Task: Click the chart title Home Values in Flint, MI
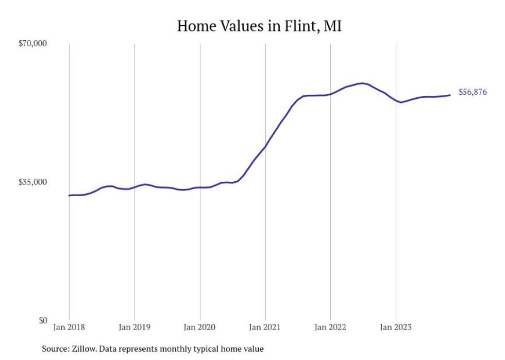(x=259, y=26)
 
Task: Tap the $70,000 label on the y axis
(x=32, y=44)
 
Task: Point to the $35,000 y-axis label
(x=32, y=182)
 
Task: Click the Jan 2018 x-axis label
(x=69, y=327)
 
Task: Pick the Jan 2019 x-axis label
(x=134, y=327)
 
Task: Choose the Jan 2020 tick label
(x=200, y=327)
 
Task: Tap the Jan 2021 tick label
(x=265, y=327)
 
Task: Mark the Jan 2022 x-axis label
(x=330, y=327)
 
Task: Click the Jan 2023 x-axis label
(x=395, y=327)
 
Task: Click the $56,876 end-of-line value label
(x=473, y=93)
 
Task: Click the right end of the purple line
(x=450, y=95)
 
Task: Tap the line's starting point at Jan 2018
(x=69, y=195)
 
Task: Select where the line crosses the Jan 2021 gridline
(x=265, y=146)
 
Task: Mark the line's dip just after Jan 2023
(x=401, y=102)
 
